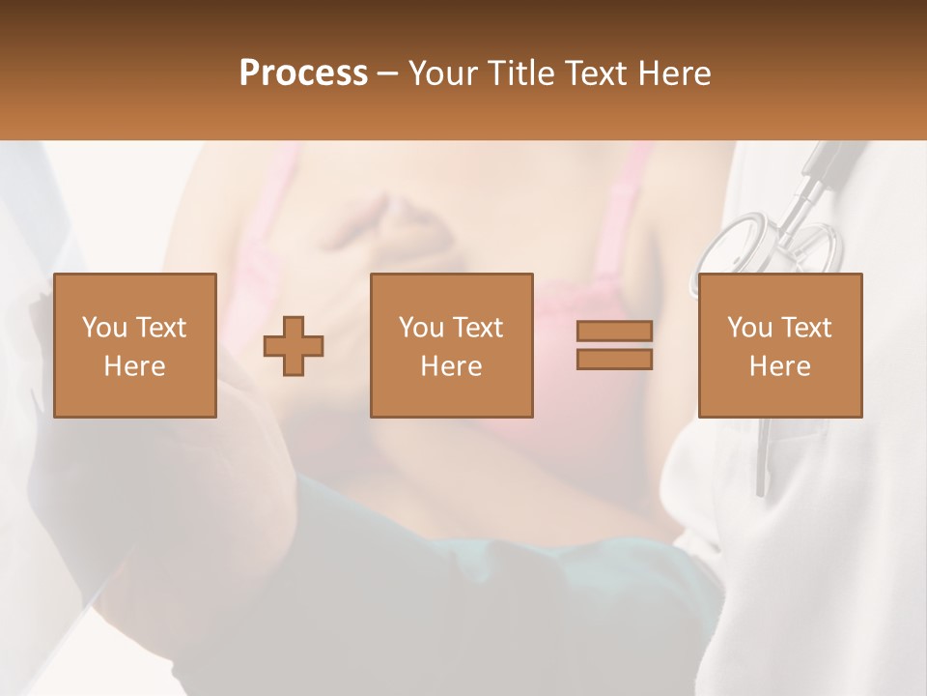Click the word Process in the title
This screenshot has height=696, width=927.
point(303,72)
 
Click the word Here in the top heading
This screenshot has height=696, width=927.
point(674,73)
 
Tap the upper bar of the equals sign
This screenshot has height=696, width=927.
point(614,331)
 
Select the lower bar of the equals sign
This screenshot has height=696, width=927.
point(614,360)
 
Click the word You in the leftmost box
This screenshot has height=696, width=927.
point(104,328)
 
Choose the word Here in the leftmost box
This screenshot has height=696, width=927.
point(134,366)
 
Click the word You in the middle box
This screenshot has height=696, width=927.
point(421,328)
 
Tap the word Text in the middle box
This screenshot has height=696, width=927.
point(477,328)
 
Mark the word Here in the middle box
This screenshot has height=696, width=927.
point(451,366)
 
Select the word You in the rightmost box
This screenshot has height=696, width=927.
point(749,328)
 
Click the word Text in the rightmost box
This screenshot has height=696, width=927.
point(805,328)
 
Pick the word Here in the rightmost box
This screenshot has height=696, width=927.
point(779,366)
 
